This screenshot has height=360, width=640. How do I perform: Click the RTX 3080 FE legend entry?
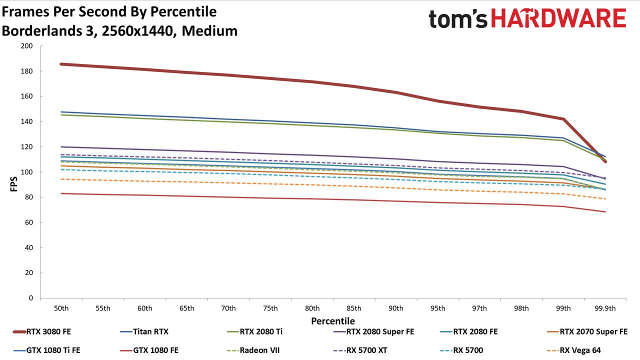click(42, 331)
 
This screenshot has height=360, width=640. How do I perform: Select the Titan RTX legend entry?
click(144, 331)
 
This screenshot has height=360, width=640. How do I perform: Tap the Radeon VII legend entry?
click(253, 350)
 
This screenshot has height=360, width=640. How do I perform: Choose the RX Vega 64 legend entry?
click(573, 350)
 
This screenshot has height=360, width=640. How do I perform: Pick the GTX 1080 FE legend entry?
click(149, 350)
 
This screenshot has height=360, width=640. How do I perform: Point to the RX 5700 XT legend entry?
click(360, 350)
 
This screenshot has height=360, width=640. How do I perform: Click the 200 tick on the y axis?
click(26, 46)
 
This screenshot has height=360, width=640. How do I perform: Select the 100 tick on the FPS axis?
click(26, 172)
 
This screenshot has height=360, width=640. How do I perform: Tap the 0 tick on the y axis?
click(31, 298)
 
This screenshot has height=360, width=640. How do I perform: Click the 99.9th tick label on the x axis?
click(605, 308)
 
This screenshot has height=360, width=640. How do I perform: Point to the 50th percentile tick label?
click(61, 308)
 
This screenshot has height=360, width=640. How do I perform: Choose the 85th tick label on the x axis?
click(354, 308)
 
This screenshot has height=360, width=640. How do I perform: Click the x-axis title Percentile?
click(333, 321)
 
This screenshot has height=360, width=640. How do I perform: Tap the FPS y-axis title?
click(13, 184)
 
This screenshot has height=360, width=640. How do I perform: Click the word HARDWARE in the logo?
click(558, 18)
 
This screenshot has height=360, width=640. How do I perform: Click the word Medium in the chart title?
click(209, 31)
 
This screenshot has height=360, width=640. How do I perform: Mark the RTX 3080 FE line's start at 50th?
click(61, 64)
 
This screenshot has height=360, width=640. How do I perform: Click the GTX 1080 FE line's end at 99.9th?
click(605, 211)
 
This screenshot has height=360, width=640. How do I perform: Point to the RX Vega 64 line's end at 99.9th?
click(605, 199)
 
